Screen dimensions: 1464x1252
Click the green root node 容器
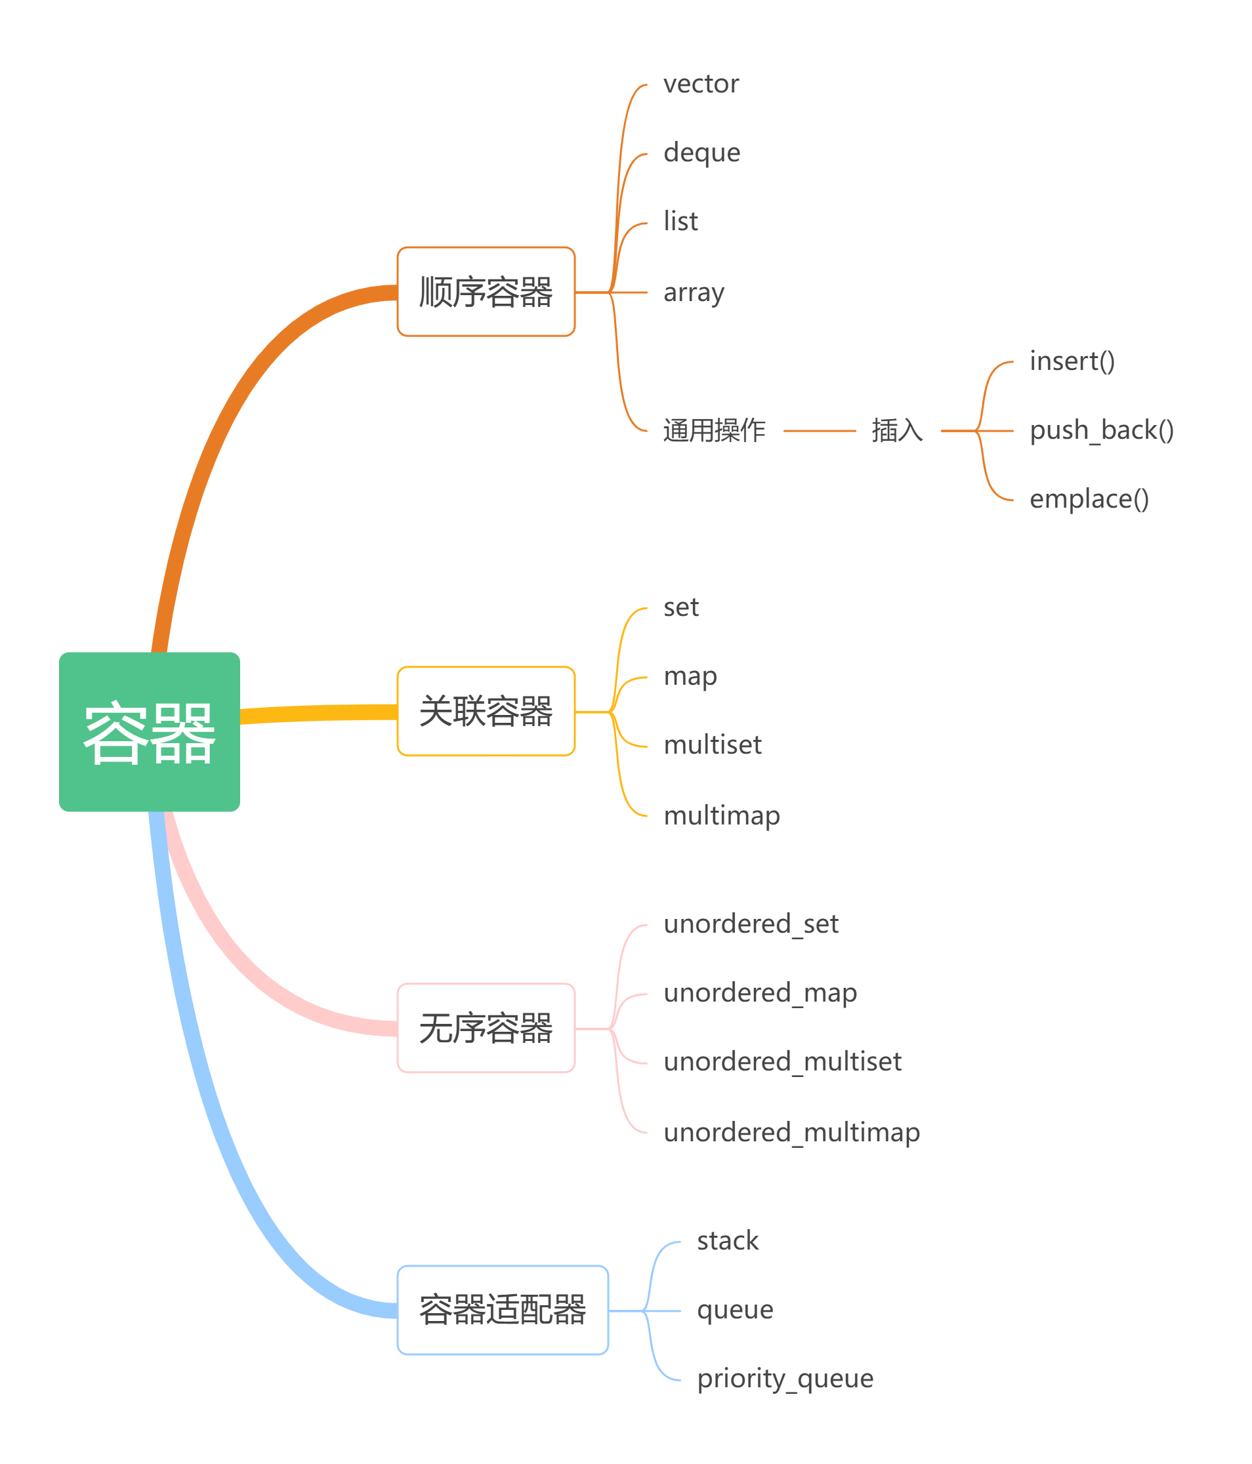click(149, 731)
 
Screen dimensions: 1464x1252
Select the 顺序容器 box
click(486, 291)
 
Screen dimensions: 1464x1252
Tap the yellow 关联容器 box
click(486, 711)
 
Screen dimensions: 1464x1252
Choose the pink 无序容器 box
click(486, 1027)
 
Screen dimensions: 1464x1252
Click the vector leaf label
click(701, 84)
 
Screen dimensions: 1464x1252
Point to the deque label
click(701, 153)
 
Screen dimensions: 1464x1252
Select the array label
click(694, 293)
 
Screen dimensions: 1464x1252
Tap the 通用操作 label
click(714, 430)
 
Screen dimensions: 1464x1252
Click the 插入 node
click(896, 430)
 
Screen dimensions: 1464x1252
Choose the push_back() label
click(1100, 430)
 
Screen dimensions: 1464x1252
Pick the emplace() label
click(1089, 499)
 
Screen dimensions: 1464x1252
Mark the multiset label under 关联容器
click(712, 744)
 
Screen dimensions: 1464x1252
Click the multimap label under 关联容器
click(721, 815)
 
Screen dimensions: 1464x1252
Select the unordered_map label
click(760, 992)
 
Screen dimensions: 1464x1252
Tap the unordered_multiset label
click(782, 1061)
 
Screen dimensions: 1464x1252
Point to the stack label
click(728, 1241)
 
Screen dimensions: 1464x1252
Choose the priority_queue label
click(785, 1379)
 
